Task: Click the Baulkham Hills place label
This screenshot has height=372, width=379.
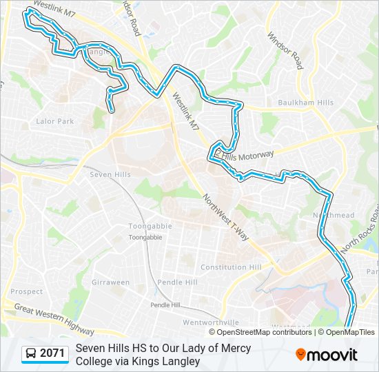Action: (305, 103)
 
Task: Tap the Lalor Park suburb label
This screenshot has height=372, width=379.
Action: (54, 121)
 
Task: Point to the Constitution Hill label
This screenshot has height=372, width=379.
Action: (231, 267)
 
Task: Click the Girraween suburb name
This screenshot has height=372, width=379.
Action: (111, 282)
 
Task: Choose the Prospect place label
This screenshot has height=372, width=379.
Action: (27, 291)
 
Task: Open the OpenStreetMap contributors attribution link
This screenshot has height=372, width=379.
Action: (260, 332)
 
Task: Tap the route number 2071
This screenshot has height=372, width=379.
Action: (52, 354)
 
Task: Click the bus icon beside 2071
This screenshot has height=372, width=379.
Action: (31, 354)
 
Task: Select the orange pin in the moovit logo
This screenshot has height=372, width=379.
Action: (301, 355)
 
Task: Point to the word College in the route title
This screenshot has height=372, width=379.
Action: (94, 361)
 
